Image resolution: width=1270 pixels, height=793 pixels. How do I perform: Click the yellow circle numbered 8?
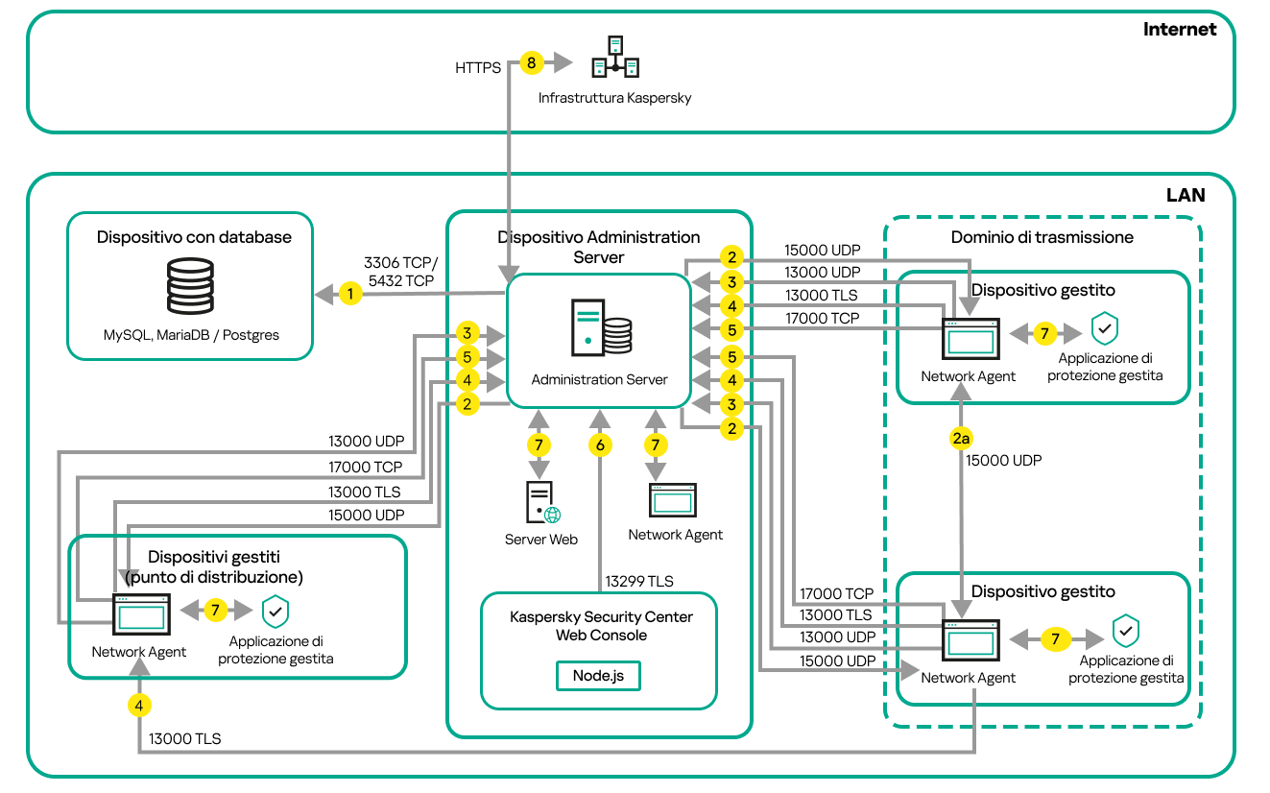531,63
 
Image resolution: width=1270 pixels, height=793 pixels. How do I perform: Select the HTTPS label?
478,68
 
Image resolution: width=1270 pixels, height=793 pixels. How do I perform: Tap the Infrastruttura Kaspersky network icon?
615,59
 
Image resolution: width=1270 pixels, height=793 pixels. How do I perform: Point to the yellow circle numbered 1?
351,294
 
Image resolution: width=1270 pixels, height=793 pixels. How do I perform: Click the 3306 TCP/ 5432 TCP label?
400,271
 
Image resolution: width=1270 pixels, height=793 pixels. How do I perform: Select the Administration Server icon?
601,329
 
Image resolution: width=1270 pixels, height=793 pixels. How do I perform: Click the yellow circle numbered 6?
600,445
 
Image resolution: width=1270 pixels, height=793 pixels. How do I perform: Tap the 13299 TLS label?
639,581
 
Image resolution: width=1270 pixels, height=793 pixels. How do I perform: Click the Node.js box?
598,675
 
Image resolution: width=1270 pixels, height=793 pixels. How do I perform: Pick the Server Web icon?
541,503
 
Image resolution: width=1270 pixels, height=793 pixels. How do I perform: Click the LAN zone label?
1185,195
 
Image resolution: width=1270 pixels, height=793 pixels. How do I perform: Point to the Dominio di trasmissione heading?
1042,236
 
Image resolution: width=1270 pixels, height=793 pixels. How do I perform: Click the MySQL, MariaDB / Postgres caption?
191,335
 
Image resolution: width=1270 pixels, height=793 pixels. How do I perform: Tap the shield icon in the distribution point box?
276,611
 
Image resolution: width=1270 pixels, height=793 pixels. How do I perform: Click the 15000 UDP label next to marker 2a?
1003,460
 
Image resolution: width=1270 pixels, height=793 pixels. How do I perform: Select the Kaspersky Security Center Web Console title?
600,626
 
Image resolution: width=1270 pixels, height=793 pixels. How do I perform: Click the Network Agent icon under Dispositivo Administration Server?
674,500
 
